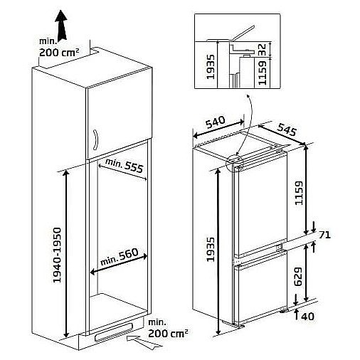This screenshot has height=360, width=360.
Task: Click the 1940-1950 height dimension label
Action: tap(57, 255)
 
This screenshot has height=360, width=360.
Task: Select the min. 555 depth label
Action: tap(125, 166)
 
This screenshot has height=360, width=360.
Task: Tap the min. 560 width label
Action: tap(120, 256)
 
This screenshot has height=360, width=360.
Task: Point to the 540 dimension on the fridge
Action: tap(216, 122)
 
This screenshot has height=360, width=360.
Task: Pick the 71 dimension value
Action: tap(324, 235)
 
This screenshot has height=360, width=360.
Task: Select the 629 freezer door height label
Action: tap(298, 277)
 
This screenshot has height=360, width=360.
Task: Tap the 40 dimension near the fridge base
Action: tap(307, 317)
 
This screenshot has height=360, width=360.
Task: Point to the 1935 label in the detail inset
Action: tap(211, 67)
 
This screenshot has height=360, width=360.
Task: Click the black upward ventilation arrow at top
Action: tap(61, 26)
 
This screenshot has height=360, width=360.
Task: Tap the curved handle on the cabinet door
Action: tap(96, 140)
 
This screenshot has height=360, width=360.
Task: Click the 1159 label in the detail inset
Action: tap(262, 73)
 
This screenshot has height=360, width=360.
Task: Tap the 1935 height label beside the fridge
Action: tap(211, 250)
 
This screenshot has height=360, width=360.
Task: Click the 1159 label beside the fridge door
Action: tap(298, 193)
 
